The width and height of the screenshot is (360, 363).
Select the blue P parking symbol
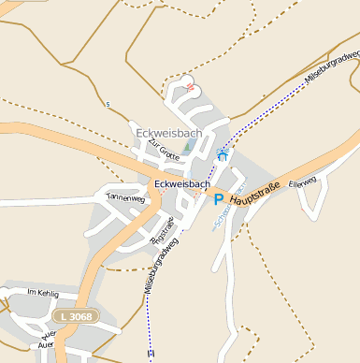[x=219, y=199]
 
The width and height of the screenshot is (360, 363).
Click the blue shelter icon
[x=223, y=155]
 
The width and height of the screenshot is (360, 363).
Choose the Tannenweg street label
[x=125, y=198]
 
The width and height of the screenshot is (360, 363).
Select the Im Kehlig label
[x=43, y=294]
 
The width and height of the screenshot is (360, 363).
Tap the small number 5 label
[x=108, y=104]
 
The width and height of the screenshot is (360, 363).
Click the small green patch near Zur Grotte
[x=187, y=147]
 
